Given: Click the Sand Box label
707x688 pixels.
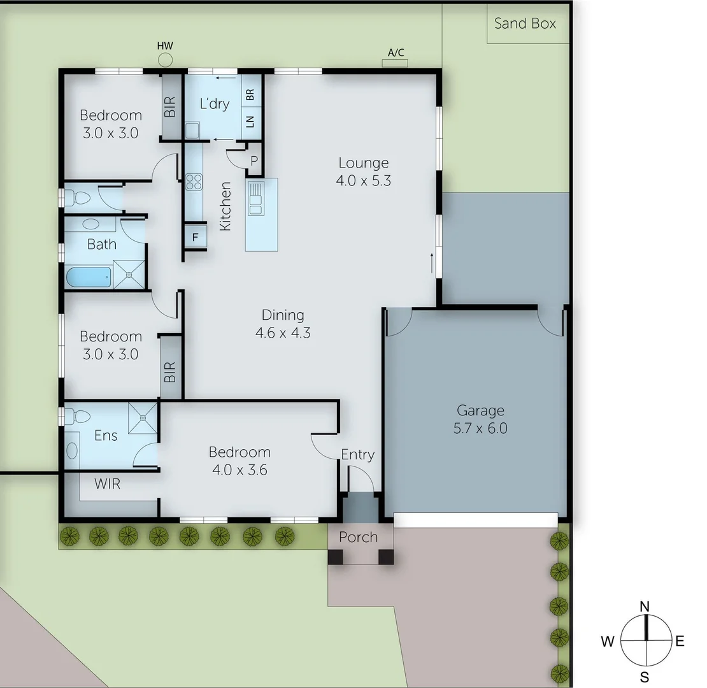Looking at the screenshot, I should pos(525,24).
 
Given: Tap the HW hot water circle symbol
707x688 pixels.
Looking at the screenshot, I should pos(166,60).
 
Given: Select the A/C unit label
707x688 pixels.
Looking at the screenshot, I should pos(396,53).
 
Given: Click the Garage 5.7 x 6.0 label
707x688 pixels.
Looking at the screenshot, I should pos(480,419).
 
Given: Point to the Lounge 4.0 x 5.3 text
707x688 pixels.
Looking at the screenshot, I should pos(363,171).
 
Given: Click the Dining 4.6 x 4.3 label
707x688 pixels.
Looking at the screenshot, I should pos(283,323).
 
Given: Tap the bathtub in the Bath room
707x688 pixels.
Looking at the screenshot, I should pos(89,277).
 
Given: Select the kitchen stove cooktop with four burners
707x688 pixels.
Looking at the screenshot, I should pos(193,182).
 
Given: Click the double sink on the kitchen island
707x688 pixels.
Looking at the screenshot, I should pos(256,197).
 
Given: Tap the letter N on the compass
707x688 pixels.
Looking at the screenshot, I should pos(645,605).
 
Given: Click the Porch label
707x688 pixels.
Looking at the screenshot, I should pos(358,537).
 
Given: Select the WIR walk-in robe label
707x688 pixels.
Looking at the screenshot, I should pos(107,484).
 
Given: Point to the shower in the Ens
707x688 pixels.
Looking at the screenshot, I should pos(143,417).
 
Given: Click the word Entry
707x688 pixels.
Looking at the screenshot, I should pos(357,454).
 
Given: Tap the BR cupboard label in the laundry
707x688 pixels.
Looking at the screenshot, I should pos(250,95).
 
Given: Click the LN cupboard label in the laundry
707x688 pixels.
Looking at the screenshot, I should pos(250,121).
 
